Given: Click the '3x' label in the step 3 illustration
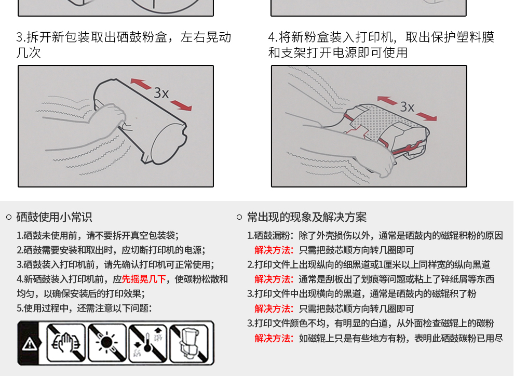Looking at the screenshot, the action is [x=161, y=93].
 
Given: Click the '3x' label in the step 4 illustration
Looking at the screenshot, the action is [x=407, y=107].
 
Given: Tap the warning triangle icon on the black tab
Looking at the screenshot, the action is [x=30, y=344].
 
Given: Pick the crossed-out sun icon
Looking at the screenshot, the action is [x=107, y=343].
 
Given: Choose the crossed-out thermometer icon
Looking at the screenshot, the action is [x=147, y=343].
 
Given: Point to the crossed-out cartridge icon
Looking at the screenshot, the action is [x=189, y=343].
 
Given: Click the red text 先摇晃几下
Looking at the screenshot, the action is [x=144, y=279].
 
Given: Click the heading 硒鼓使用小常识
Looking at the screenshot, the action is [x=54, y=217].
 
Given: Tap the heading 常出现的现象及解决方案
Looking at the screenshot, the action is [x=307, y=217].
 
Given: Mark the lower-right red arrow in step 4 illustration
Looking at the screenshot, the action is [x=426, y=116].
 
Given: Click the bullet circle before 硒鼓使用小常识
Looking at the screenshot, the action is [x=9, y=217].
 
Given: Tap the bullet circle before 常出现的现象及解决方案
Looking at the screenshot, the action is [x=239, y=217].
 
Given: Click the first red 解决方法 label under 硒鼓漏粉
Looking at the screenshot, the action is [x=274, y=250].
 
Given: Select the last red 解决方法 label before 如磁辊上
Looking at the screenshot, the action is [x=274, y=338].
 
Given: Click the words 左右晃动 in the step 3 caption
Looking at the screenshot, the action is [x=206, y=37].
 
